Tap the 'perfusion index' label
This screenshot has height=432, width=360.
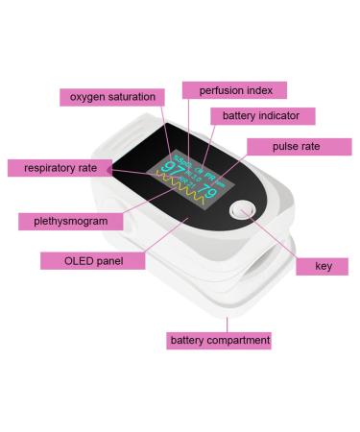coord(235,90)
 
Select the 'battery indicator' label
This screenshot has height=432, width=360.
coord(261,116)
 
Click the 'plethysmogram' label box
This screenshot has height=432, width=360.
coord(70,221)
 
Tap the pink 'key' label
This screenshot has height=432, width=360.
coord(324,266)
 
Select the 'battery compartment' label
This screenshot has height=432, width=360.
coord(220,340)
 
